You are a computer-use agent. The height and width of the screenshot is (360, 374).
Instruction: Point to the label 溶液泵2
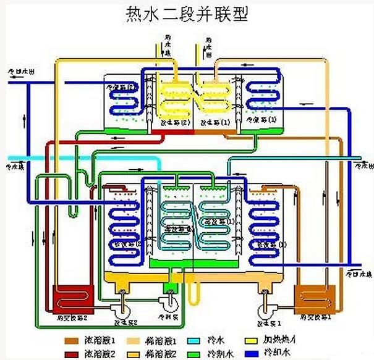[124, 322]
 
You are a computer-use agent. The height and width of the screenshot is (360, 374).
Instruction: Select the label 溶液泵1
[269, 322]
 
